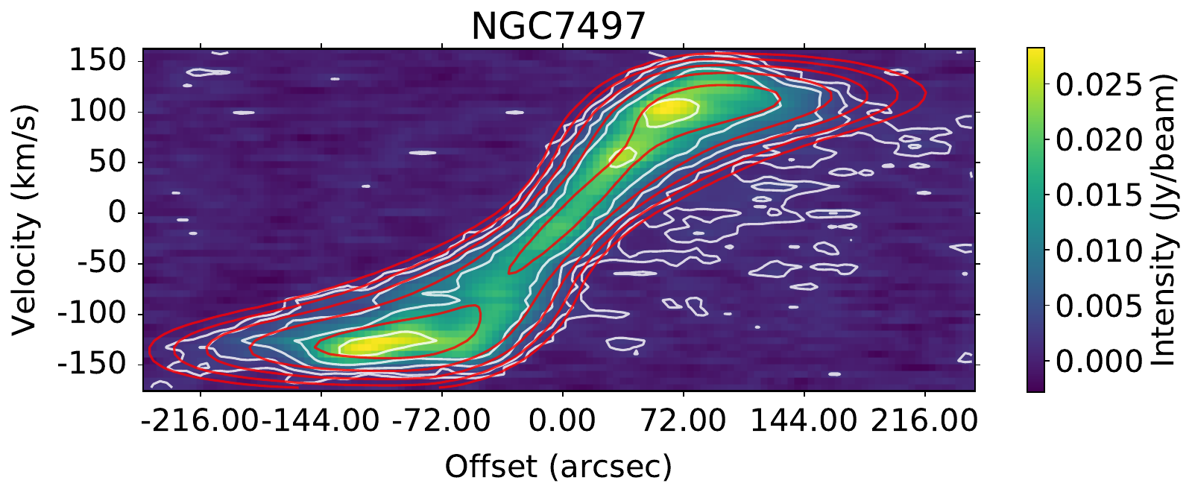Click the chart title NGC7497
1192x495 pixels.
click(558, 27)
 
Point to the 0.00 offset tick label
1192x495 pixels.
click(562, 421)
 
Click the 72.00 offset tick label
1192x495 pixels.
click(683, 421)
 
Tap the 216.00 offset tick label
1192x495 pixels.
click(924, 421)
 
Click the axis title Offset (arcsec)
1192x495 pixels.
click(558, 467)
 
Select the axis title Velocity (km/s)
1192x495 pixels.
click(25, 219)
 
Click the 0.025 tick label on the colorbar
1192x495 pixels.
click(1099, 86)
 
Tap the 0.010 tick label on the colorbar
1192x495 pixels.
click(1099, 251)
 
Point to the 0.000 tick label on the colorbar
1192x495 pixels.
click(1099, 362)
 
